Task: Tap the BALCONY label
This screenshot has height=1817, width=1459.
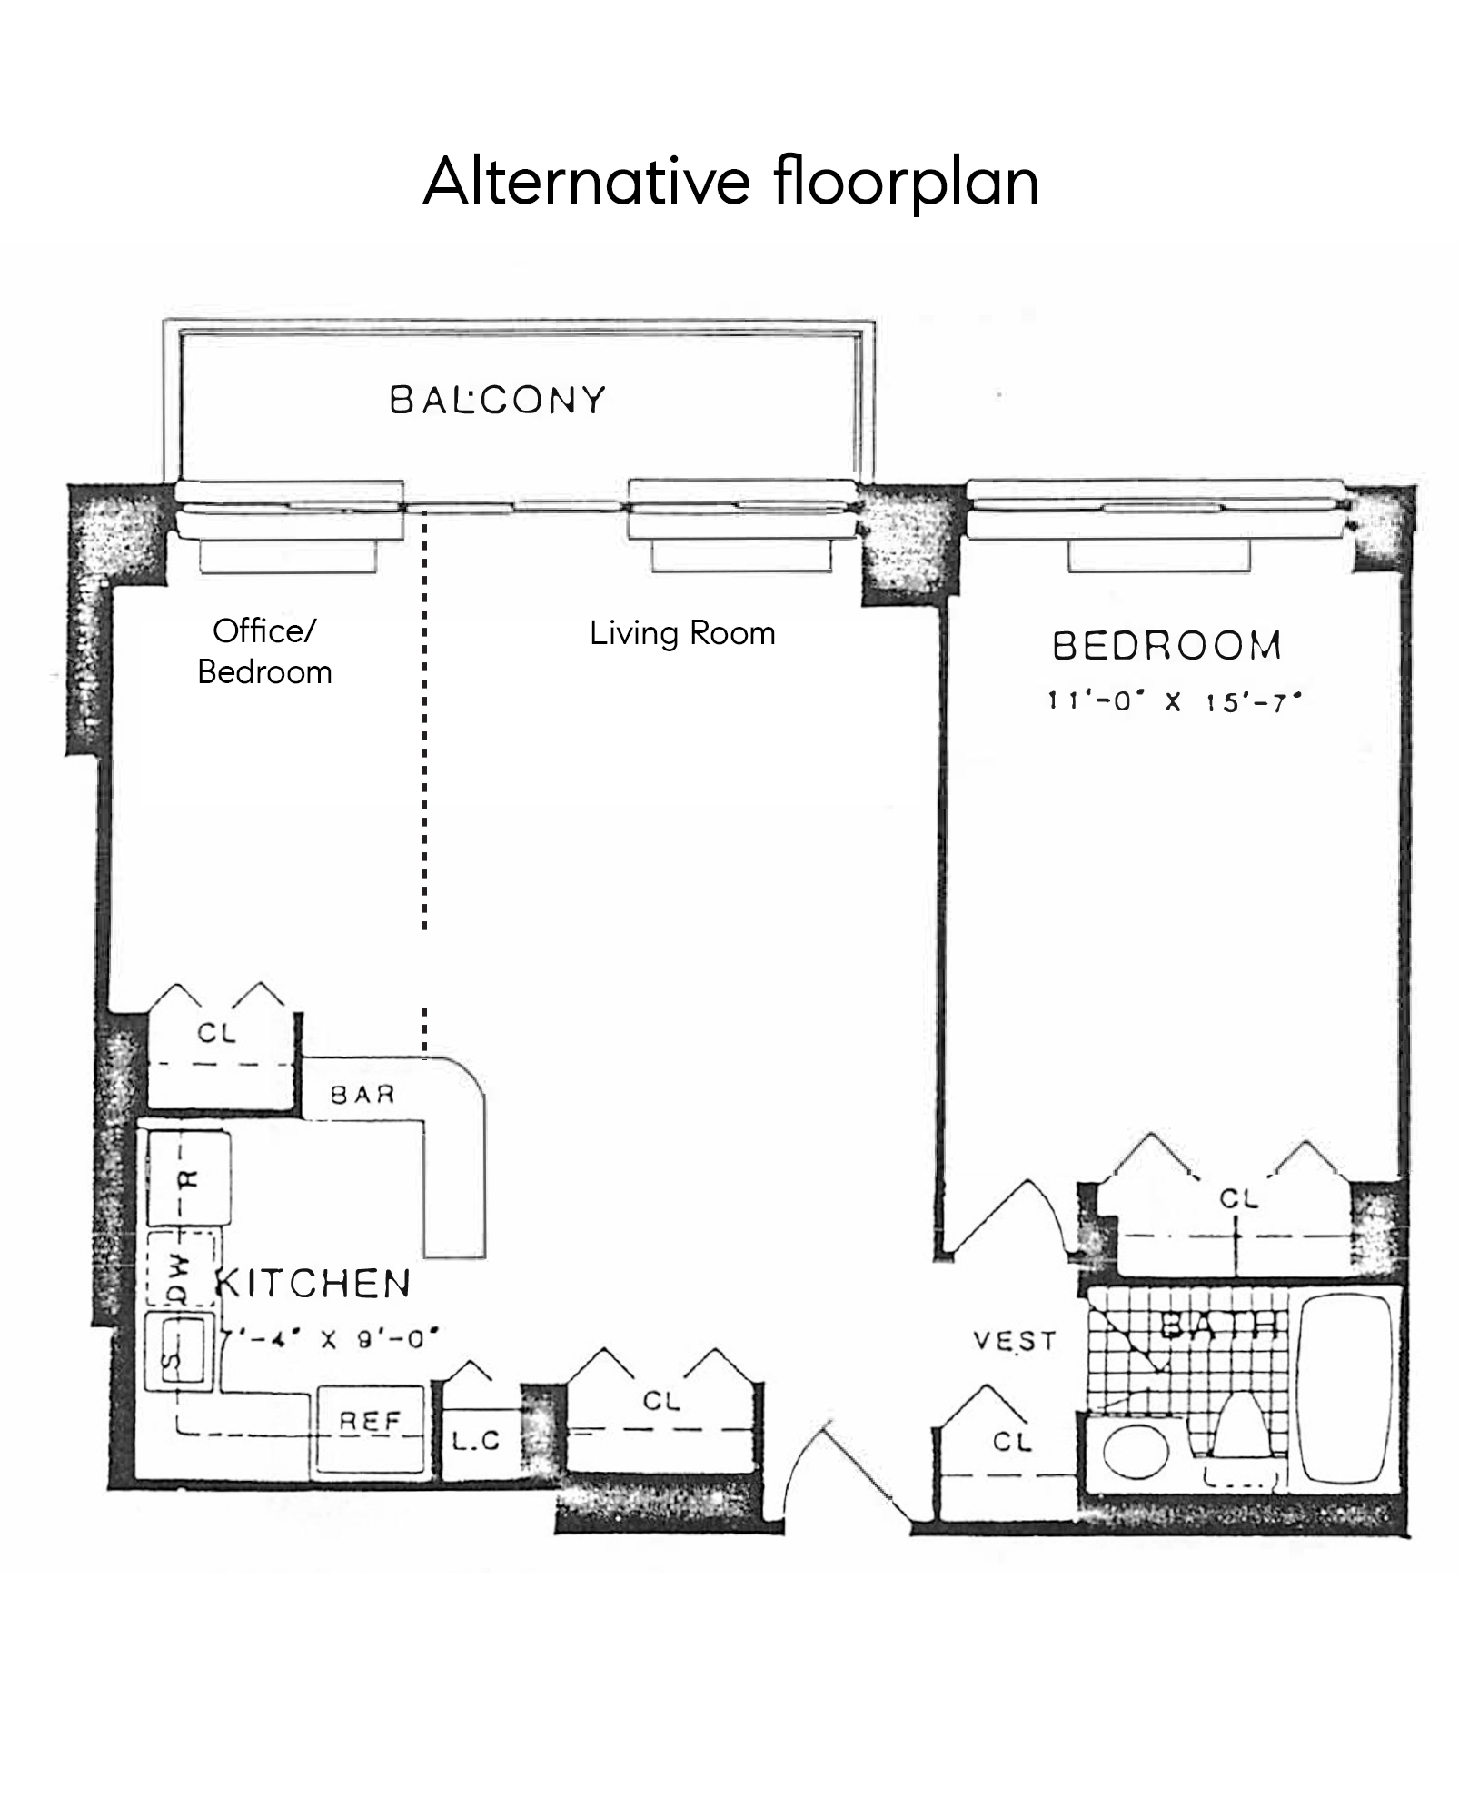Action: [x=497, y=401]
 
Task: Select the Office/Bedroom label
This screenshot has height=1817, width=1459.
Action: [x=264, y=651]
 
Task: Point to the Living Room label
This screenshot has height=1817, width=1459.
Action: [x=682, y=633]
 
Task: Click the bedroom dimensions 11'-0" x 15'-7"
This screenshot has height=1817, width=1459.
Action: [x=1174, y=702]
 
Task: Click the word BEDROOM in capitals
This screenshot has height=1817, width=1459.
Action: [x=1166, y=646]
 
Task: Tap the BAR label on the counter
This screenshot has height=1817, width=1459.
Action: [x=362, y=1095]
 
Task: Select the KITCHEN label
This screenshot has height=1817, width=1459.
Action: [x=314, y=1284]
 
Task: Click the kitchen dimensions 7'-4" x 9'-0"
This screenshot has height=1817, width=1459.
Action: [x=331, y=1339]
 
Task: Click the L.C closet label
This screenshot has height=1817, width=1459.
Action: [x=476, y=1441]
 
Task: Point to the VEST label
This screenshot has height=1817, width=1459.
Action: [x=1014, y=1341]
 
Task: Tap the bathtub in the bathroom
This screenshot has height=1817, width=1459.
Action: [x=1345, y=1389]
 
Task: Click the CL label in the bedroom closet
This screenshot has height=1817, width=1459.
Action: [x=1238, y=1199]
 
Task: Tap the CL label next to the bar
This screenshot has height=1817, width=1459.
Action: [x=216, y=1033]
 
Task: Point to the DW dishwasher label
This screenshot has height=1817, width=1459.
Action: [x=179, y=1268]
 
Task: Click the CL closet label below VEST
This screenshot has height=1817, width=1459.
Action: [x=1011, y=1442]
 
